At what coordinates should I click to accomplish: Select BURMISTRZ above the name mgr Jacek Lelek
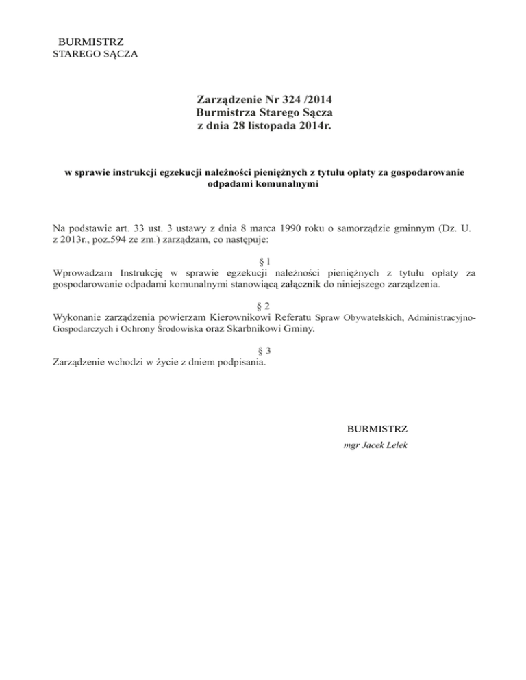coord(377,429)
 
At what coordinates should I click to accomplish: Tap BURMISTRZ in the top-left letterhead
coord(91,42)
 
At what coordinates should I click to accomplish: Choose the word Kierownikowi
coord(236,317)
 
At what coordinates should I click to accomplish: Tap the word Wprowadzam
coord(82,274)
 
